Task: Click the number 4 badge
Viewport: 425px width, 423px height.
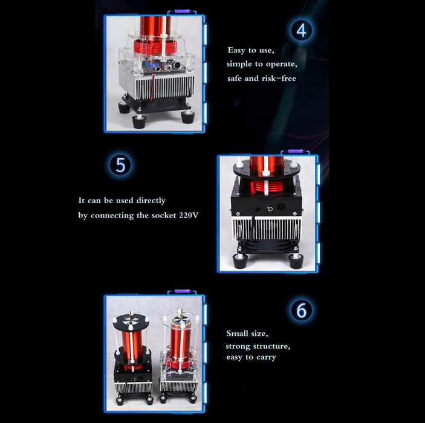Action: tap(302, 30)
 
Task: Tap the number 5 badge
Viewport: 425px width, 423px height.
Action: tap(120, 165)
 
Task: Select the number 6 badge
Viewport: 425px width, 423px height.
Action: tap(302, 310)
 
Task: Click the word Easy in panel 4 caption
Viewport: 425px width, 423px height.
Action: tap(237, 50)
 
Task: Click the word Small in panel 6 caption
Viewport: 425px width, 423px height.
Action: tap(238, 333)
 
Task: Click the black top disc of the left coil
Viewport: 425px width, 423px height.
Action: tap(131, 321)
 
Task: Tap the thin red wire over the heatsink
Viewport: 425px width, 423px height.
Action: tap(153, 88)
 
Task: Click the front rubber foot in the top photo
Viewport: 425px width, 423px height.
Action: tap(139, 121)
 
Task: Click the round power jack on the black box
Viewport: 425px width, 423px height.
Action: tap(281, 207)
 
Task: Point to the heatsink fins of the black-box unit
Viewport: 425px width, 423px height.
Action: tap(267, 229)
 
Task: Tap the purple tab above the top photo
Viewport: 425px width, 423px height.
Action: tap(182, 11)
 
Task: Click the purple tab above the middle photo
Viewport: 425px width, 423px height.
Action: tap(295, 151)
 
